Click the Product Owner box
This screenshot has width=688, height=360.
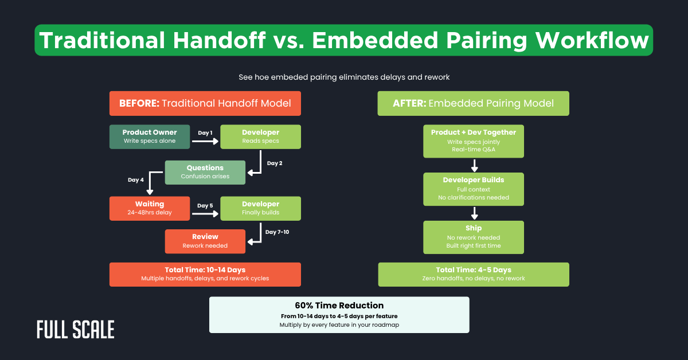pos(150,136)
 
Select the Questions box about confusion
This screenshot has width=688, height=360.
pos(205,172)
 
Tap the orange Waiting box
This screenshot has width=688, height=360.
pos(150,208)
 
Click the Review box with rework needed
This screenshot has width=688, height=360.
pos(205,241)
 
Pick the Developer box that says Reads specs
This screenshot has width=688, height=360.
pos(260,136)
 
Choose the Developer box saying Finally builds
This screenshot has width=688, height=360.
pos(260,208)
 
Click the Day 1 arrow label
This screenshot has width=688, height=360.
pos(205,133)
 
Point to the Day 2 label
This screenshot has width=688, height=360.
pos(275,163)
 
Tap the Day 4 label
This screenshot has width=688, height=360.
pos(136,180)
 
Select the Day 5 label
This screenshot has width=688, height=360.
pos(205,205)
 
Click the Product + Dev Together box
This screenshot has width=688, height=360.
pos(474,141)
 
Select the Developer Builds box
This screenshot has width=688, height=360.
pos(474,189)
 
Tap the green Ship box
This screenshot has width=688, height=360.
pos(474,237)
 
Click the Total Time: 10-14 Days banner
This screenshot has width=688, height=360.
pos(205,274)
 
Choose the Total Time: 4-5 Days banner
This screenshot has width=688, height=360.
pos(474,274)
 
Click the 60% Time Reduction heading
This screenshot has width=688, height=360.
pos(339,306)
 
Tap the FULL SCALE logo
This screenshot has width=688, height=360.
pos(75,329)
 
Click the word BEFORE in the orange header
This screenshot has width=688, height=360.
pos(139,104)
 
